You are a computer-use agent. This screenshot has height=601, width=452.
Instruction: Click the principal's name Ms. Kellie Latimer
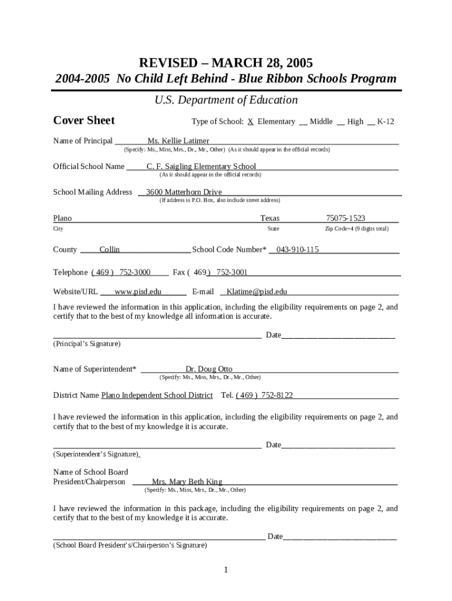tap(178, 141)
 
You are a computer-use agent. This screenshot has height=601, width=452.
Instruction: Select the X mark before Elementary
tap(250, 121)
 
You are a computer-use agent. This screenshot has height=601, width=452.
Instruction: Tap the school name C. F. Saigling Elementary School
tap(201, 166)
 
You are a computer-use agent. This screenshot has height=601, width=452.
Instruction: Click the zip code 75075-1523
tap(345, 218)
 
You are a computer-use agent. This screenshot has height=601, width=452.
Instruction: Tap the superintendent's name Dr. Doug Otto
tap(208, 369)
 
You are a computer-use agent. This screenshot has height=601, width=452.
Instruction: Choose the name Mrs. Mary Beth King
tap(187, 482)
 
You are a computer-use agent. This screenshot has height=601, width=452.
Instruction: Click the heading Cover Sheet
tap(84, 120)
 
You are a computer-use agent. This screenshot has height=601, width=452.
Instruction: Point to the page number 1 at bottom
tap(225, 570)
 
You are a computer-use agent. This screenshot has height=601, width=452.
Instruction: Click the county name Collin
tap(109, 249)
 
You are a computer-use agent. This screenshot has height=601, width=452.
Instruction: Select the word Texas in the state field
tap(269, 218)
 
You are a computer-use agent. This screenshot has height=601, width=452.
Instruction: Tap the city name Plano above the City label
tap(62, 218)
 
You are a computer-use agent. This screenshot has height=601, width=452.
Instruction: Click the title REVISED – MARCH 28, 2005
tap(225, 63)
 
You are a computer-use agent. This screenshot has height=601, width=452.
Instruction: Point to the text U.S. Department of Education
tap(226, 100)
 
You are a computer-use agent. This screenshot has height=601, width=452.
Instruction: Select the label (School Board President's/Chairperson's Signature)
tap(130, 545)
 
